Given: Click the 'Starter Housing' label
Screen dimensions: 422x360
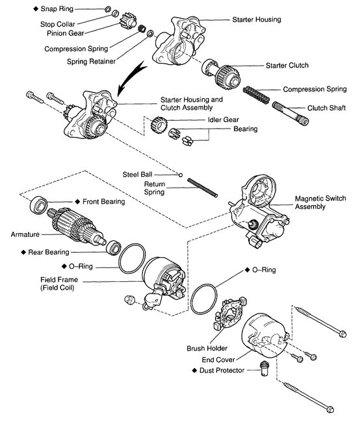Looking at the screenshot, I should (257, 20).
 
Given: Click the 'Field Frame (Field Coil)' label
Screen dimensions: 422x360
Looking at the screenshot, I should (60, 284).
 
